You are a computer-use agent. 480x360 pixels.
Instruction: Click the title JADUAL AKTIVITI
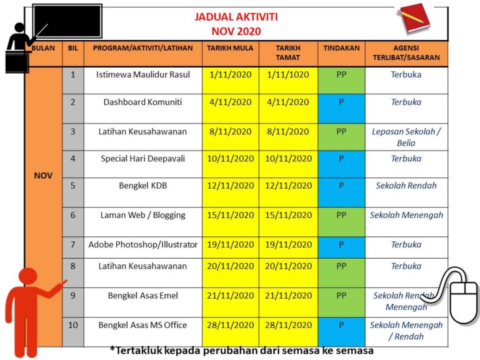pyautogui.click(x=236, y=17)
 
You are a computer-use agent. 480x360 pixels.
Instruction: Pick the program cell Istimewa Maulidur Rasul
pyautogui.click(x=142, y=74)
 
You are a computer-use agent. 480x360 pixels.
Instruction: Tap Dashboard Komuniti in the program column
pyautogui.click(x=142, y=102)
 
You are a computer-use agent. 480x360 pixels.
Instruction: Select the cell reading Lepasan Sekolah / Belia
pyautogui.click(x=406, y=137)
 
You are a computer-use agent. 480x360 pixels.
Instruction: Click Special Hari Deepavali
pyautogui.click(x=142, y=159)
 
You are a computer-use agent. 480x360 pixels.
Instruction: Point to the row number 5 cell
pyautogui.click(x=72, y=186)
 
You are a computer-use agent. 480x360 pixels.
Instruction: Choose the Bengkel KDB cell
pyautogui.click(x=142, y=186)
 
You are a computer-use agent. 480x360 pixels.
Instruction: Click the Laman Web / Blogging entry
pyautogui.click(x=142, y=215)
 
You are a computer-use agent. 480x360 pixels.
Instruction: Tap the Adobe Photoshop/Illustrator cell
pyautogui.click(x=142, y=244)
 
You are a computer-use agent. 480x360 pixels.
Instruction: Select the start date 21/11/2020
pyautogui.click(x=231, y=295)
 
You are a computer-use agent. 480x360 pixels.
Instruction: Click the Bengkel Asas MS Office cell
pyautogui.click(x=142, y=325)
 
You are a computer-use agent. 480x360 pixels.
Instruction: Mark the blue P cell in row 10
pyautogui.click(x=341, y=325)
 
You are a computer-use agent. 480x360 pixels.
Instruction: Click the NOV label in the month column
pyautogui.click(x=43, y=176)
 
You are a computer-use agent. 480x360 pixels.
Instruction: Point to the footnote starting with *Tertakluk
pyautogui.click(x=241, y=351)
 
